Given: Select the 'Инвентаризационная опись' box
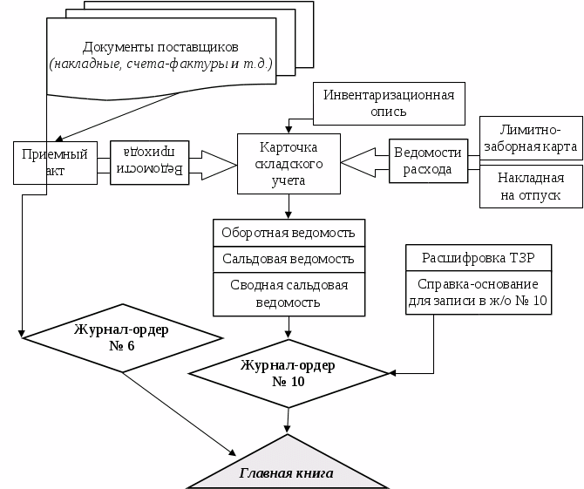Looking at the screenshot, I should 389,103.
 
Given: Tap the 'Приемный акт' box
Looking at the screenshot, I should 54,163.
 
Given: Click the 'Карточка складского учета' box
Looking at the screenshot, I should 289,164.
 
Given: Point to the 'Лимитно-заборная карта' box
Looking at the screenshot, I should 531,138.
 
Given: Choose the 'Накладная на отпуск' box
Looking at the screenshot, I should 531,187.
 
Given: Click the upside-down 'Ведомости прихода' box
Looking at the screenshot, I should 151,162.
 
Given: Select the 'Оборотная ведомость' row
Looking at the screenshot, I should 288,234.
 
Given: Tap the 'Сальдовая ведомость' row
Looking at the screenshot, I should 288,260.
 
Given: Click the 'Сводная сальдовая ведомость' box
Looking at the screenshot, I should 288,294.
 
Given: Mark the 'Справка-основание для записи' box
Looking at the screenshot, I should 478,293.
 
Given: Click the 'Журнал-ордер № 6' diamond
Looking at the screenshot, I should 122,337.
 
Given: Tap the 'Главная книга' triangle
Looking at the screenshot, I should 287,468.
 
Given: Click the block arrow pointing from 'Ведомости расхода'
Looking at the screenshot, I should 364,162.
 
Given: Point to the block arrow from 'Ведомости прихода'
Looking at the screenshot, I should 214,163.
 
